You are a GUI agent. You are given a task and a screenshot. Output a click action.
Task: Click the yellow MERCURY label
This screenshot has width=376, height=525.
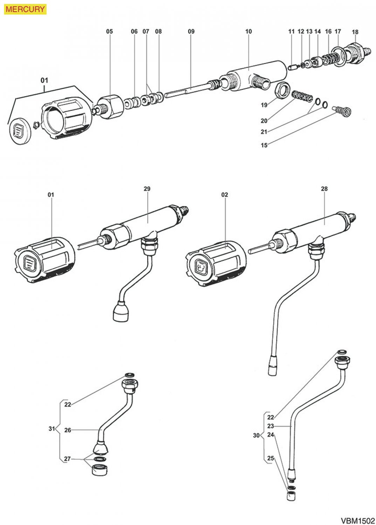(25, 9)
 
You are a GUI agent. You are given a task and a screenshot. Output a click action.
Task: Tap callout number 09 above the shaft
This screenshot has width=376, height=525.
(191, 31)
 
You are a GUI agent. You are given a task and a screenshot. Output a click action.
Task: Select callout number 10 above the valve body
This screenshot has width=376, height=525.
(248, 31)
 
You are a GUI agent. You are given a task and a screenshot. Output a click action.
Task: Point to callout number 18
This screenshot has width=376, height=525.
(355, 32)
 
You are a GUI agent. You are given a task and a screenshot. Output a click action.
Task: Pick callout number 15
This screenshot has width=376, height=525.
(264, 145)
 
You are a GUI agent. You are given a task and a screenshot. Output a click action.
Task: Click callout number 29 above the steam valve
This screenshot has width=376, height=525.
(147, 189)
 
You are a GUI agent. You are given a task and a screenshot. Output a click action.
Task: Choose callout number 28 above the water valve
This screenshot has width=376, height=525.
(324, 189)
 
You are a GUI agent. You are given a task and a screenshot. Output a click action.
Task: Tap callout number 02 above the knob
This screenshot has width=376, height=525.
(225, 195)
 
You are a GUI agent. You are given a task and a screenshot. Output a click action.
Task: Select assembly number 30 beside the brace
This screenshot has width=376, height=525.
(256, 436)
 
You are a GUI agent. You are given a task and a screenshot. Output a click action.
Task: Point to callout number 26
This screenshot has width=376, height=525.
(68, 430)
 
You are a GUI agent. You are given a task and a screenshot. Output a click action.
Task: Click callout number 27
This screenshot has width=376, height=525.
(67, 459)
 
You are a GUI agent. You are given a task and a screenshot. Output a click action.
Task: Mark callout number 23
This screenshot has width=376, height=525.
(271, 426)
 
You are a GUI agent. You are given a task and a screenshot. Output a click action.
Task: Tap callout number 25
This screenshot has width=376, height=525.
(271, 458)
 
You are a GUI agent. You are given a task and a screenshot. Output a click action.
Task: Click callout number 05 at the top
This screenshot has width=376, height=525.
(110, 31)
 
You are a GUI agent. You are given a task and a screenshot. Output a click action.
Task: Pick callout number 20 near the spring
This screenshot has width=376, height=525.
(264, 121)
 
